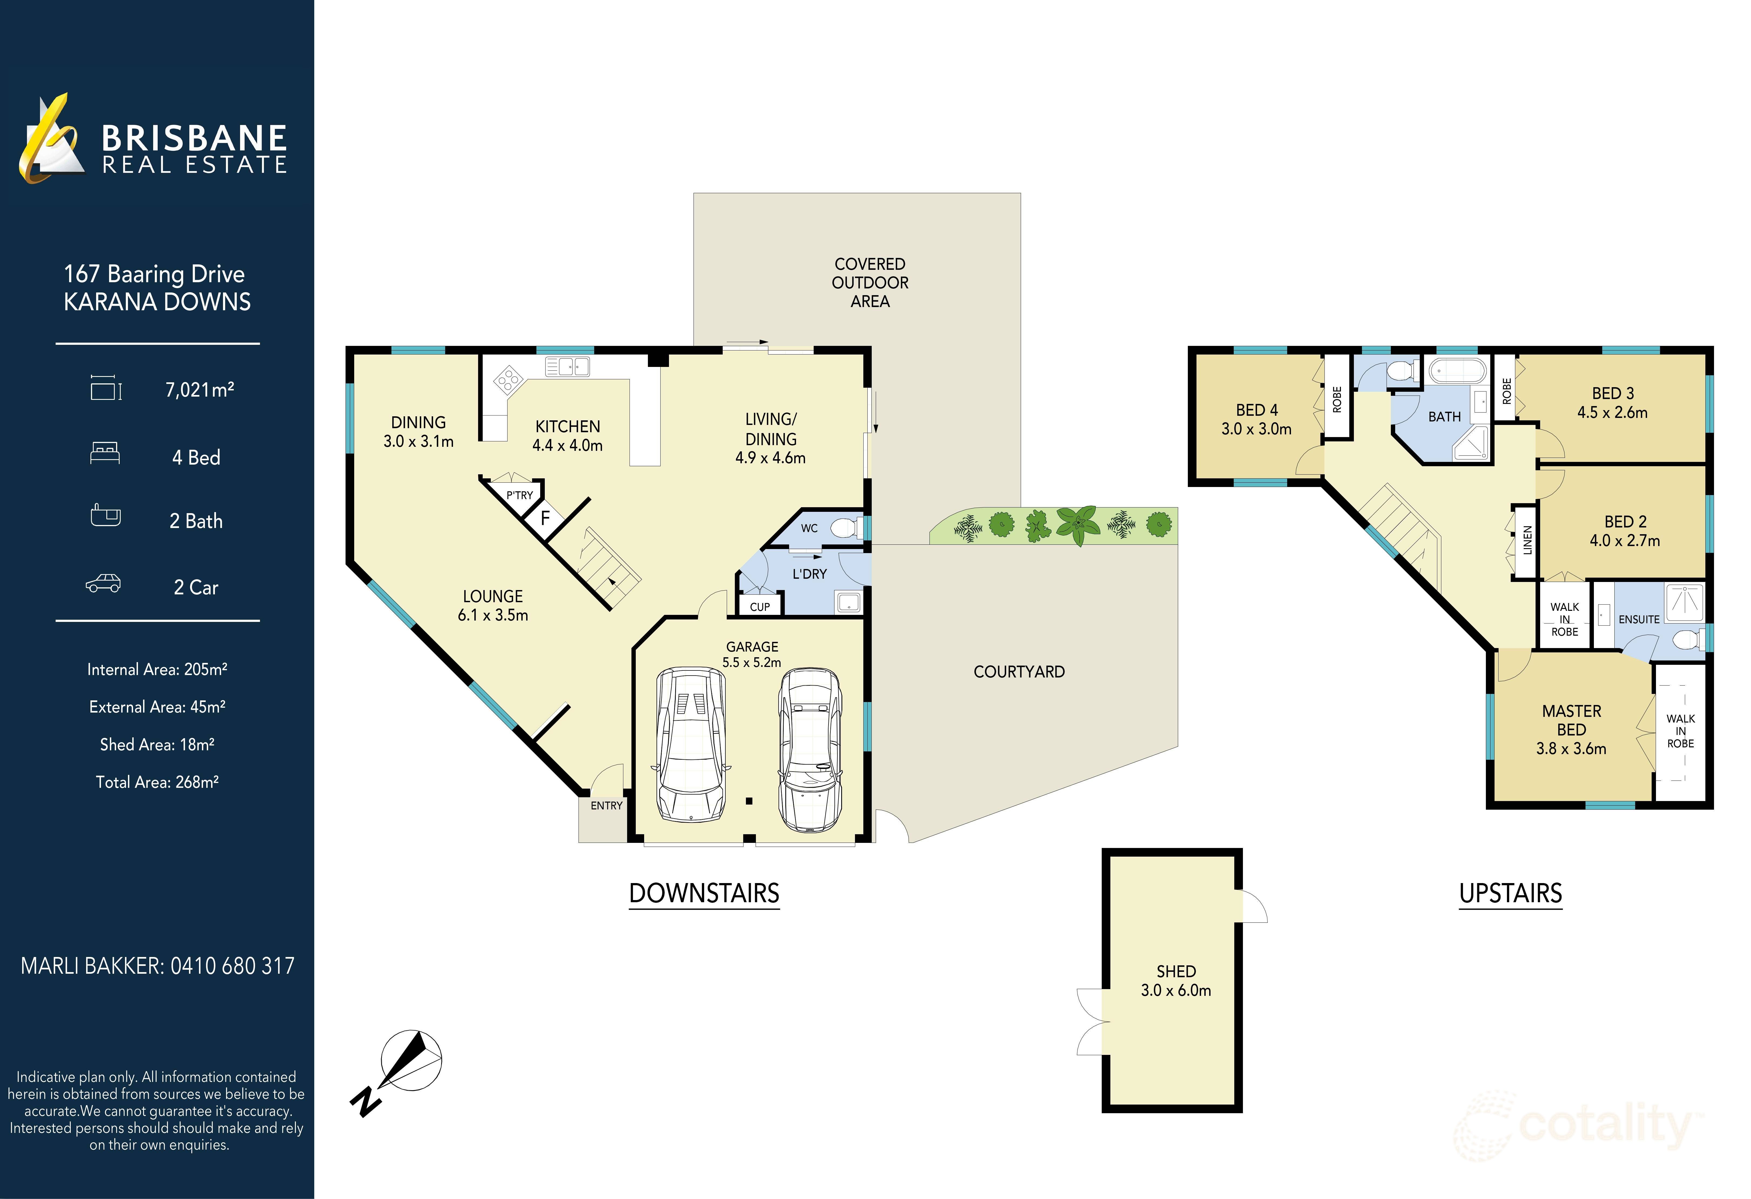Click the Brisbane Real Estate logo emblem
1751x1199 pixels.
(x=51, y=139)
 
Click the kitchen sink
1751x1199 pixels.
(x=567, y=367)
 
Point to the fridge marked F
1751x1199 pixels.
(x=545, y=518)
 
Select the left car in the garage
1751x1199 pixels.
(x=691, y=744)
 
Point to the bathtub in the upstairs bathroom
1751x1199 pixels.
(x=1458, y=370)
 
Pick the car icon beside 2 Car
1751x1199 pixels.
(x=103, y=584)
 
